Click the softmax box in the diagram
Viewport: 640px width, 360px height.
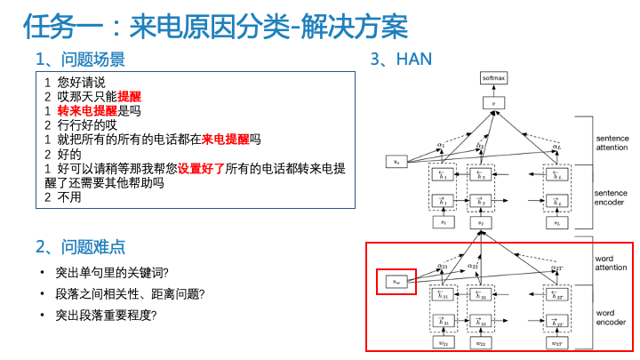[x=493, y=78]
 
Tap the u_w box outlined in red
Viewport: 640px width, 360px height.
[x=396, y=281]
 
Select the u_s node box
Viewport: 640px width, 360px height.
[x=396, y=162]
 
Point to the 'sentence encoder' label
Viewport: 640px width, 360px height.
[x=611, y=197]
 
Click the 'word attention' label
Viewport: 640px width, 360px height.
[x=611, y=263]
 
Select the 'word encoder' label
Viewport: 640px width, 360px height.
[x=611, y=318]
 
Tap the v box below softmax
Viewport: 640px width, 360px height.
[x=493, y=104]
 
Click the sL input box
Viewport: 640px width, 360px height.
[x=556, y=223]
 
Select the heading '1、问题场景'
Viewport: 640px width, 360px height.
[x=80, y=60]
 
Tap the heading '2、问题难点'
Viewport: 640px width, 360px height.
[x=80, y=246]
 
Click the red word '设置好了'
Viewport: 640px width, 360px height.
[x=201, y=168]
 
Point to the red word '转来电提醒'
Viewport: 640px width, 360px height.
[x=87, y=111]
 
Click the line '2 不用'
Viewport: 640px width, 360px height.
[x=63, y=196]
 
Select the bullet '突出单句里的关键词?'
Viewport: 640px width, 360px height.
[x=112, y=272]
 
